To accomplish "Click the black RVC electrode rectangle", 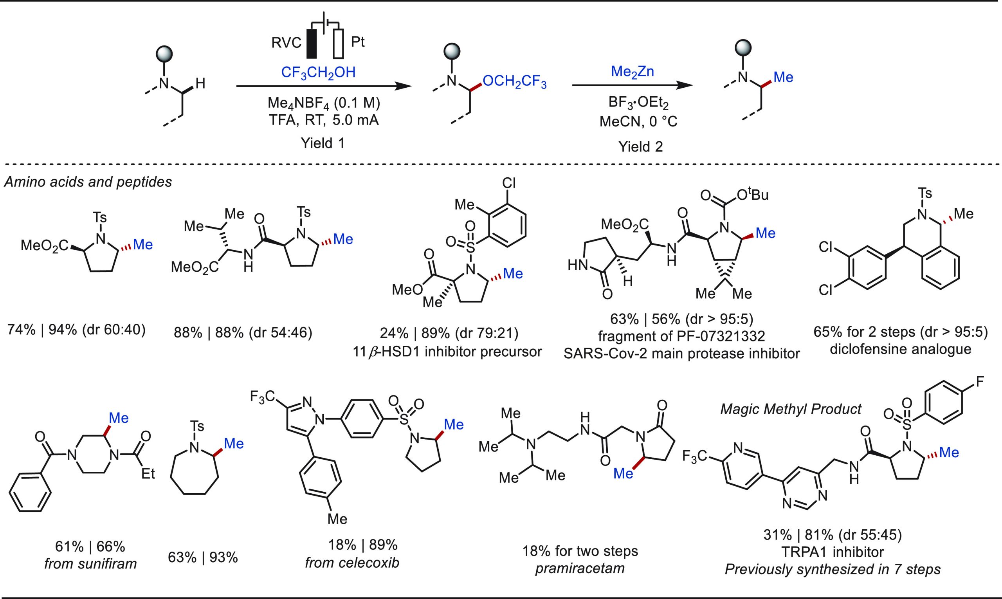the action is coord(312,43).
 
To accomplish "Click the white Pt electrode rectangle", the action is coord(338,43).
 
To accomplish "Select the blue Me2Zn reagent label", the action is coord(633,71).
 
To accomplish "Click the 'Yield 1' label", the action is coord(323,143).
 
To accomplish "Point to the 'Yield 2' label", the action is coord(640,146).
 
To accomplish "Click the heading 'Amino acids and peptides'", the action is coord(88,182).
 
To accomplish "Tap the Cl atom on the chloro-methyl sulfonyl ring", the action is coord(509,184).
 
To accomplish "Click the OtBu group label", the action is coord(753,195).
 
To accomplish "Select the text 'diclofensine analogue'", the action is coord(900,349).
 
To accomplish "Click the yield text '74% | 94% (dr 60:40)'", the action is coord(76,330).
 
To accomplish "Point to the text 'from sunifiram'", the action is coord(90,563).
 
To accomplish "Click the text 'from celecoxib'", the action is coord(352,562).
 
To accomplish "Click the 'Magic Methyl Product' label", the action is coord(791,409).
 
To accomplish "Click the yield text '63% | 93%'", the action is coord(203,558).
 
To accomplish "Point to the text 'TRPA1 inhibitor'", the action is coord(833,551).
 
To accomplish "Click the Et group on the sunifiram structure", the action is coord(148,473).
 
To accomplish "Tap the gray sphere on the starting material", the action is coord(164,53).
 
